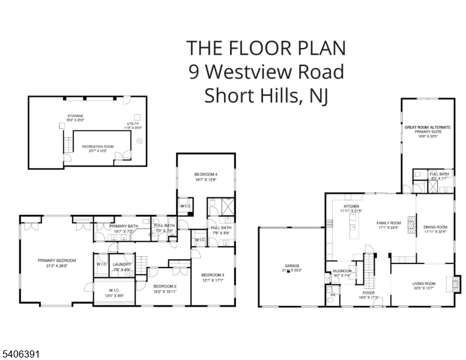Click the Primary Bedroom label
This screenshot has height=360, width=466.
tap(57, 260)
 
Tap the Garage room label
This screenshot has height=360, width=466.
tap(292, 266)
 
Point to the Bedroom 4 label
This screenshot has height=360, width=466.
tap(205, 174)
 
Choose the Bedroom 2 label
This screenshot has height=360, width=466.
tap(165, 286)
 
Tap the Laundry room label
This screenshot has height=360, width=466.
tap(122, 265)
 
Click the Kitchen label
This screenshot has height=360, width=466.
tap(351, 206)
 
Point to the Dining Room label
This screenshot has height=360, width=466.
tap(435, 227)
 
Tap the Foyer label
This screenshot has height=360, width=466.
tap(369, 293)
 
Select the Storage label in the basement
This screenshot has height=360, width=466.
tap(75, 116)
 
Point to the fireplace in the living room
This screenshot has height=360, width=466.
tap(457, 283)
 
